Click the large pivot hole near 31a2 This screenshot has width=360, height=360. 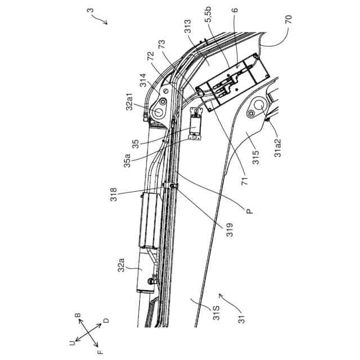click(259, 106)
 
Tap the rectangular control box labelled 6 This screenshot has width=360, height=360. click(232, 85)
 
